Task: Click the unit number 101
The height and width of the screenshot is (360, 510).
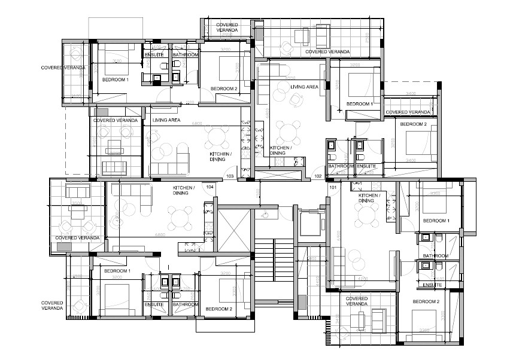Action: pos(333,187)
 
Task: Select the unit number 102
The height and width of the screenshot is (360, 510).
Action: pos(318,176)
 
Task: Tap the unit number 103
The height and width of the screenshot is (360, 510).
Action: pos(229,176)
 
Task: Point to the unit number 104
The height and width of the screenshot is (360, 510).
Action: pos(210,187)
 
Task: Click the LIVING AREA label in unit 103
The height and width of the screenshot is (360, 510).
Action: pos(166,120)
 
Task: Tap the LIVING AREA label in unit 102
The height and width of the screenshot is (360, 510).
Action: pos(305,87)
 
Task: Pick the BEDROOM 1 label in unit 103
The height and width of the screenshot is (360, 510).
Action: pos(115,80)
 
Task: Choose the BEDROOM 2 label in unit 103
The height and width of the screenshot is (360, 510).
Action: pos(224,89)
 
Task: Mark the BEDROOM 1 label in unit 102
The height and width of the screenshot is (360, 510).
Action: pos(360,104)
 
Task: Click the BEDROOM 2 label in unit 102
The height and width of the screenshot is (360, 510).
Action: pos(413,124)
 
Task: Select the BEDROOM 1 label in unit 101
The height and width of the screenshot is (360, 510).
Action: pos(436,221)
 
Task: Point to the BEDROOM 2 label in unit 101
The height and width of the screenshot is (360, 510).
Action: pos(426,301)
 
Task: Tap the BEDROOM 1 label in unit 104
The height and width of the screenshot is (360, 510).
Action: pos(117,271)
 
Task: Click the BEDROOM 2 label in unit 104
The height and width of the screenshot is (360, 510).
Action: pos(218,309)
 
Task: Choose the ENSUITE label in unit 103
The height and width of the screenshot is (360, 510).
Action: pos(155,55)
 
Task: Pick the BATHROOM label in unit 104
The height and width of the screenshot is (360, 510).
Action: pos(186,304)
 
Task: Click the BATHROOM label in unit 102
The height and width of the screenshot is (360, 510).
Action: pos(341,166)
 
